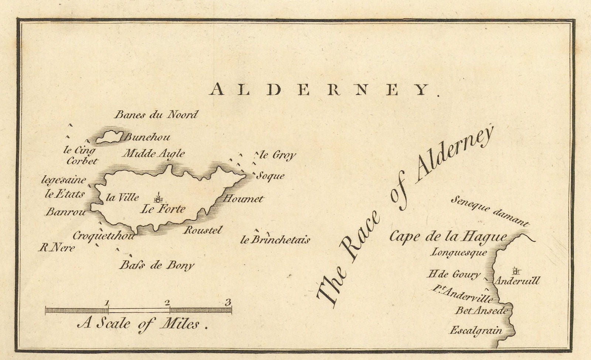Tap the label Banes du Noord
click(156, 115)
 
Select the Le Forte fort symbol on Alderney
click(158, 198)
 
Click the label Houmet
click(244, 199)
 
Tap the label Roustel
click(203, 230)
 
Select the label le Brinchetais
click(275, 240)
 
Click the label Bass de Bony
click(157, 265)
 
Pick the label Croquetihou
click(103, 236)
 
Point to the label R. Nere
click(57, 248)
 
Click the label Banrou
click(66, 212)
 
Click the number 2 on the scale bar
click(167, 303)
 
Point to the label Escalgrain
click(476, 330)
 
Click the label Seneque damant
click(490, 211)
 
